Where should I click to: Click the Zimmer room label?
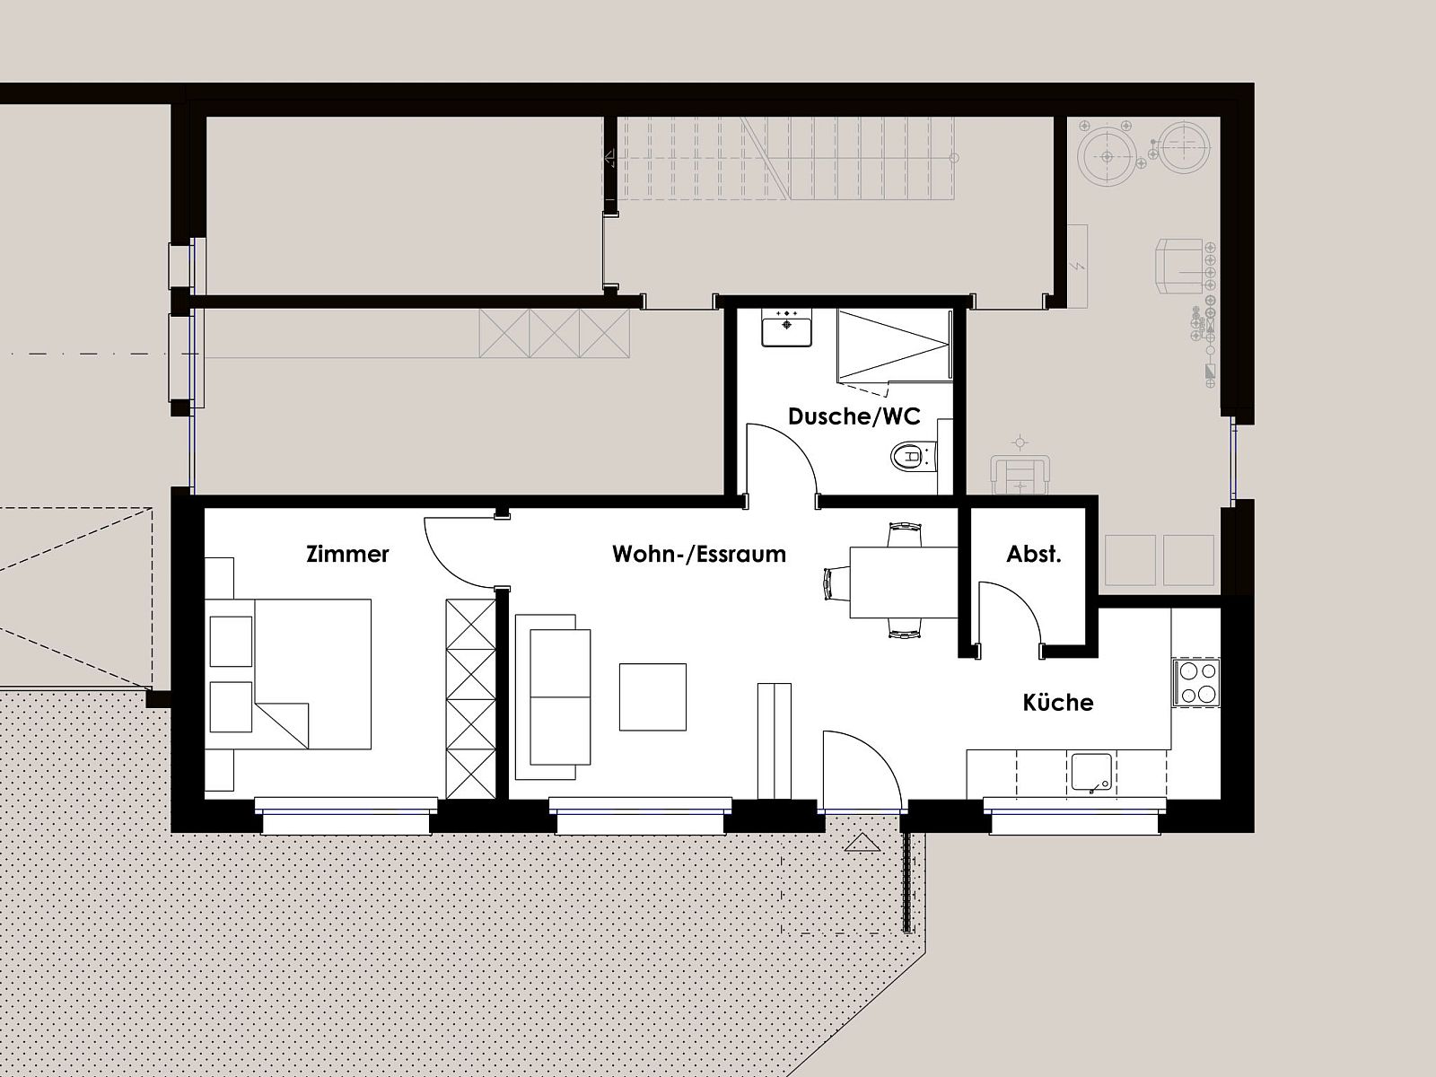coord(347,555)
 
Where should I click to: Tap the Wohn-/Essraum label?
coord(698,555)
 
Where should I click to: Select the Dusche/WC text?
coord(854,416)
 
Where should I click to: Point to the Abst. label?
coord(1034,555)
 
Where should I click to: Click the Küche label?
coord(1058,703)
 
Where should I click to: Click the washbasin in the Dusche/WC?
coord(786,327)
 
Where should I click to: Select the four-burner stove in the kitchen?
coord(1196,682)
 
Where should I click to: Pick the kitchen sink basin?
coord(1091,773)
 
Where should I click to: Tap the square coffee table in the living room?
coord(652,696)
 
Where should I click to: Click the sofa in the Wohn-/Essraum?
coord(553,697)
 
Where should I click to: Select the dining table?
coord(904,582)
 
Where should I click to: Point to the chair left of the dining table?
coord(836,582)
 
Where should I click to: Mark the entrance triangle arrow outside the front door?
coord(862,844)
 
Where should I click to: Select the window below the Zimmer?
coord(346,816)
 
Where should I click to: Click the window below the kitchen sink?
coord(1075,816)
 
